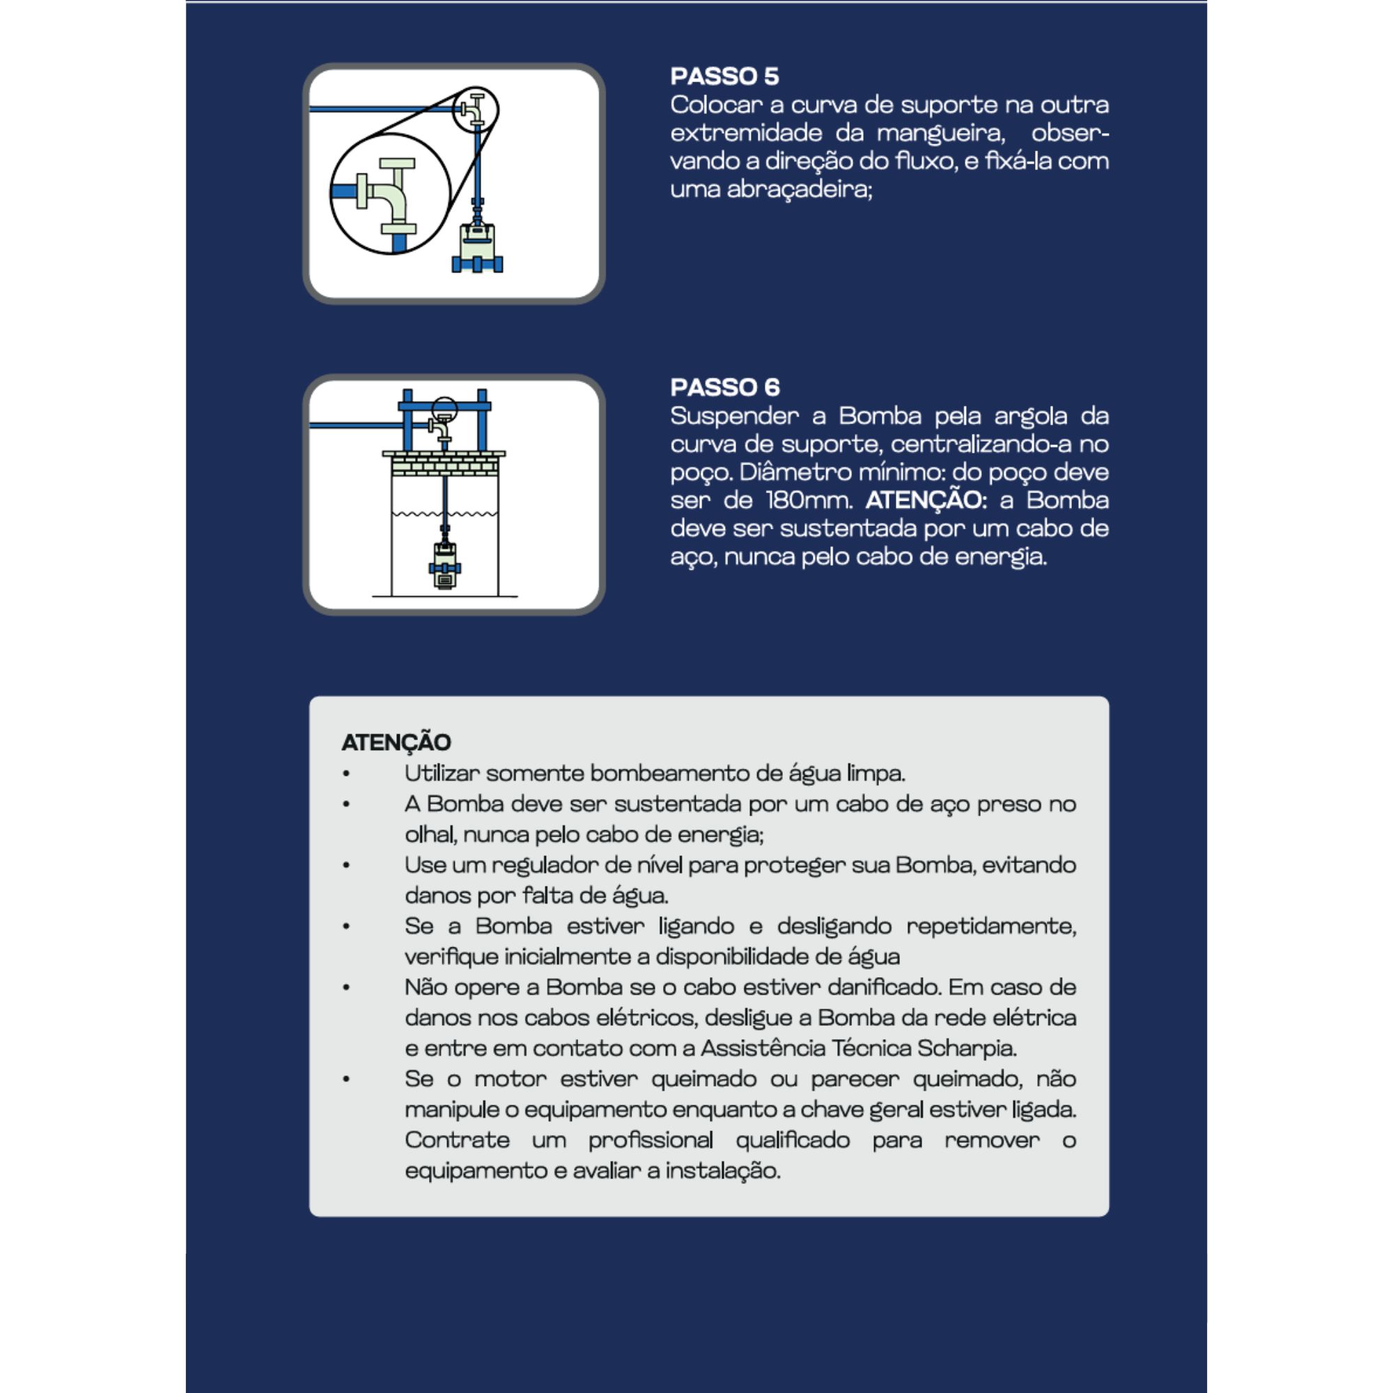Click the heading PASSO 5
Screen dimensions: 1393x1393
coord(724,77)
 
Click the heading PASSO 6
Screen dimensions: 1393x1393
coord(724,387)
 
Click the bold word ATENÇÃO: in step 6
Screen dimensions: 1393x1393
coord(926,500)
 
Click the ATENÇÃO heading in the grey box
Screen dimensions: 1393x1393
coord(396,742)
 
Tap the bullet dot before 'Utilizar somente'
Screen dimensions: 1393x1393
coord(347,774)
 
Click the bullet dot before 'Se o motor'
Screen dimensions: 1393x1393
coord(347,1080)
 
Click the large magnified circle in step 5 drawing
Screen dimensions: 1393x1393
coord(389,193)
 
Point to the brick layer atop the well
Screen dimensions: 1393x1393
coord(444,464)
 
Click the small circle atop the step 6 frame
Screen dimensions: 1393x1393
coord(444,408)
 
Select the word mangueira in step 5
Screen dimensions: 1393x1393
coord(940,134)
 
